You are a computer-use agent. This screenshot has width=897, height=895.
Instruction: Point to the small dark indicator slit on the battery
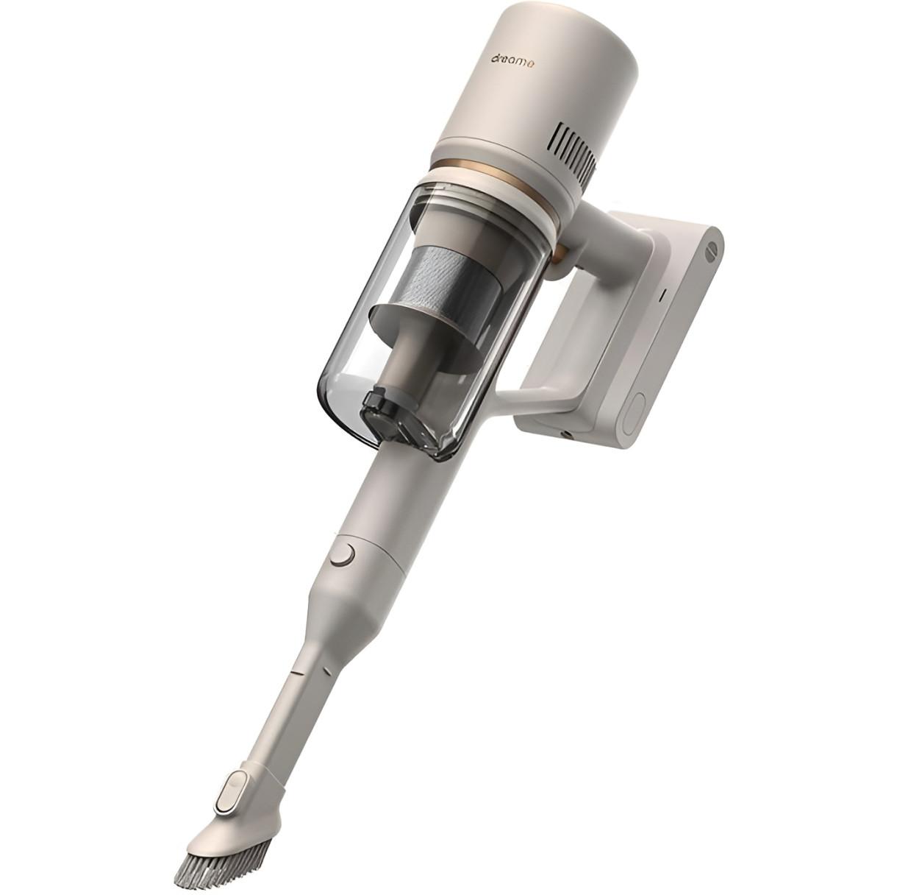[x=663, y=296]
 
